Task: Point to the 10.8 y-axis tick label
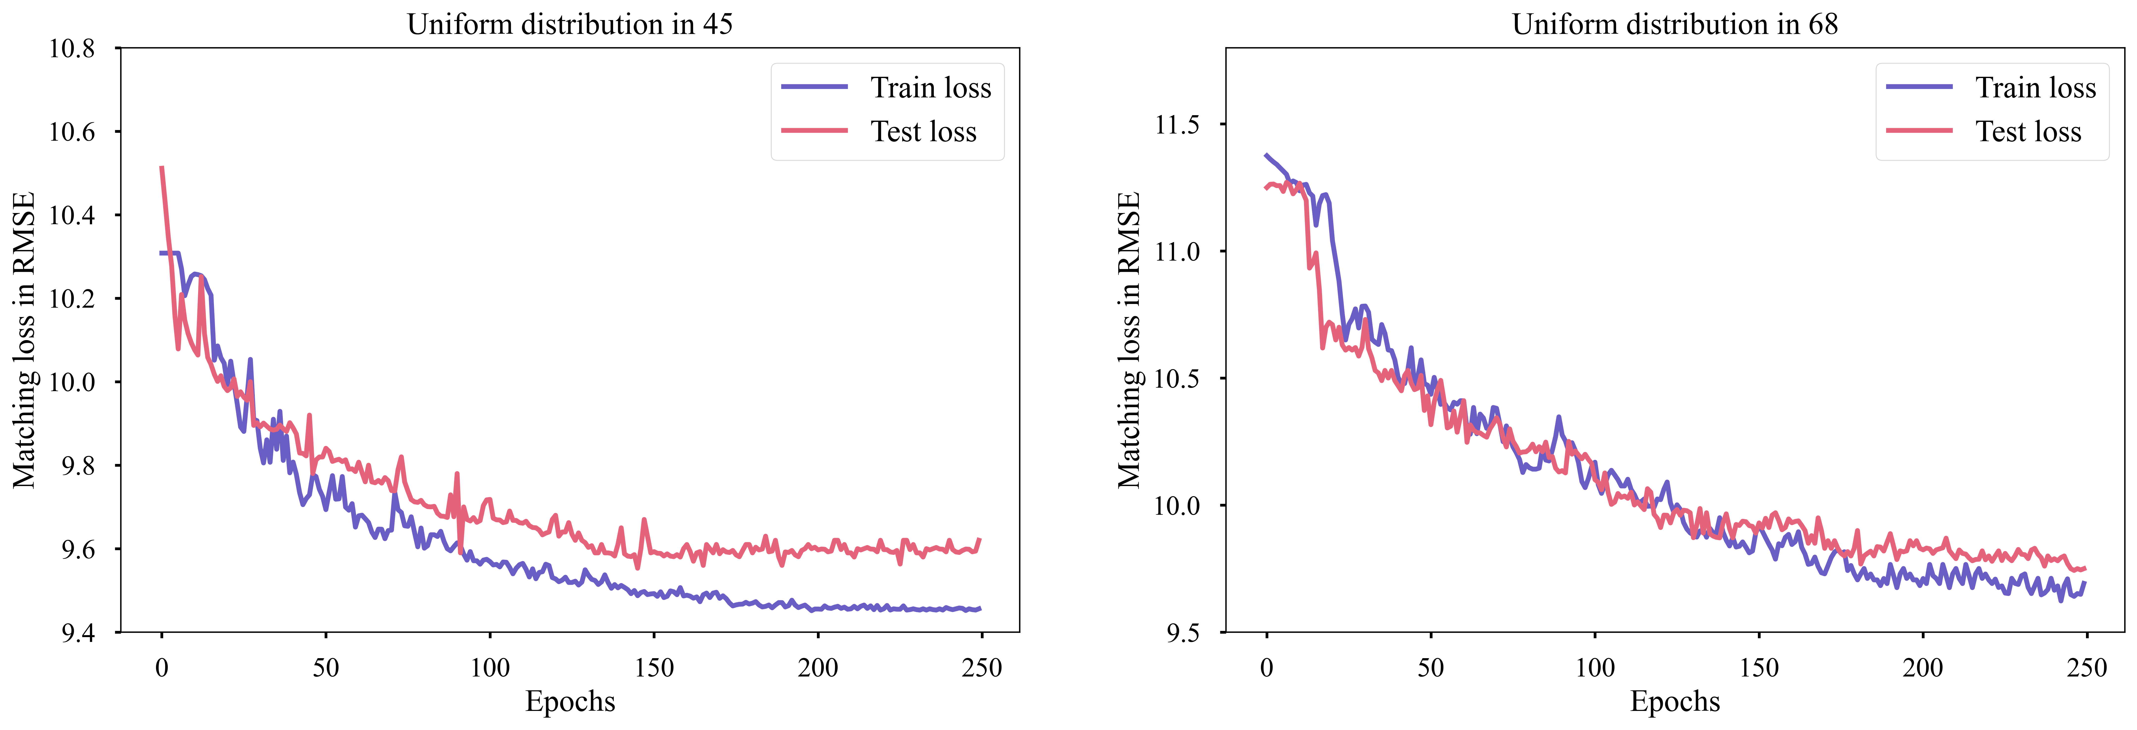point(72,48)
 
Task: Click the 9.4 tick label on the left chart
point(79,633)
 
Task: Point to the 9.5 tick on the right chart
point(1184,633)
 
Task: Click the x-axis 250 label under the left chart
point(981,668)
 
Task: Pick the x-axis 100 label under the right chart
point(1594,668)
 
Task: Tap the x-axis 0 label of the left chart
point(162,668)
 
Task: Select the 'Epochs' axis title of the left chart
point(570,702)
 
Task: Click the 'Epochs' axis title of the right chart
point(1675,702)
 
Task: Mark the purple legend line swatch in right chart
point(1919,86)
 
